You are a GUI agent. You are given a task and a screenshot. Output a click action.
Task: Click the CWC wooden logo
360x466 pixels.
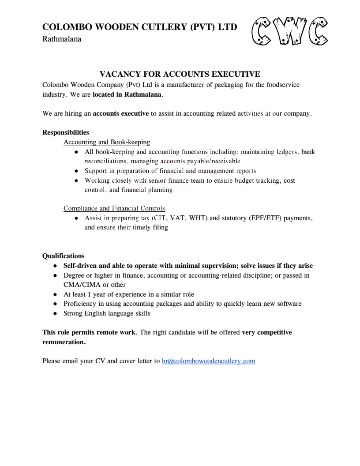pos(289,32)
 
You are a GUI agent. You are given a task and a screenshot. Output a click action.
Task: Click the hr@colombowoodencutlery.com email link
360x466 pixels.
pos(208,361)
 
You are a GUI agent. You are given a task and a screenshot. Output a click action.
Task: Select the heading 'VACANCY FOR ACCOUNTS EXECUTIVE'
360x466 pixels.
pos(180,74)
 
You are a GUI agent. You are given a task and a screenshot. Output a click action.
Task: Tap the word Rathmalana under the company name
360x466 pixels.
pos(62,39)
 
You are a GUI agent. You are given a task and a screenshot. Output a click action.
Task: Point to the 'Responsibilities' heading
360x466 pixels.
pos(65,132)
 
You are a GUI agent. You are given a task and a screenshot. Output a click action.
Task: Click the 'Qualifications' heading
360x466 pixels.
pos(63,256)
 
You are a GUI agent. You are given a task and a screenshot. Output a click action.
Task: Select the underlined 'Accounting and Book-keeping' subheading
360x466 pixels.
pos(107,142)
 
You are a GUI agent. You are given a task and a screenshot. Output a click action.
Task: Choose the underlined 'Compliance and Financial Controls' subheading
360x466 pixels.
pos(114,208)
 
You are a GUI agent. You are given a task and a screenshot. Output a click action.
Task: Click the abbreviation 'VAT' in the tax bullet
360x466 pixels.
pos(178,218)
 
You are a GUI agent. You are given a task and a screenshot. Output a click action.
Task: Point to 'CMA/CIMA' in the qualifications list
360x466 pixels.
pos(82,285)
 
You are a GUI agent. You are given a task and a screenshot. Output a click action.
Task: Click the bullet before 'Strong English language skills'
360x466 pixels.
pos(55,313)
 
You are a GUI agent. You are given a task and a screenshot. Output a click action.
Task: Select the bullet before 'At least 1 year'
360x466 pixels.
pos(55,294)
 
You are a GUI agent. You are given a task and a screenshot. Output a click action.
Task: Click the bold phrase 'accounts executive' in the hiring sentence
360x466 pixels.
pos(121,113)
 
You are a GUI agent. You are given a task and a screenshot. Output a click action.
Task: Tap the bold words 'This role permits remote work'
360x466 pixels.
pos(89,332)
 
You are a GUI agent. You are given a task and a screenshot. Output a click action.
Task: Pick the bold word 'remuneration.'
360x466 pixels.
pos(64,342)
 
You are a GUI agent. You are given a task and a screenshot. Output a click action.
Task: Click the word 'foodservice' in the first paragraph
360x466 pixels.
pos(283,85)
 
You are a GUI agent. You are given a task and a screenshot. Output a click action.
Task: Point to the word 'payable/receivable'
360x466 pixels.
pos(214,161)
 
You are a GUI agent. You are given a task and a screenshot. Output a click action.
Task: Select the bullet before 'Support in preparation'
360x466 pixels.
pos(76,171)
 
